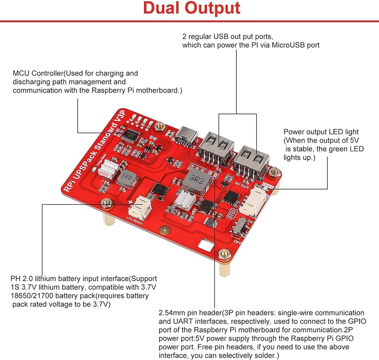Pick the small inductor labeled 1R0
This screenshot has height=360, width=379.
tap(125, 179)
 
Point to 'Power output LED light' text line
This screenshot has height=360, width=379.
tap(321, 132)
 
